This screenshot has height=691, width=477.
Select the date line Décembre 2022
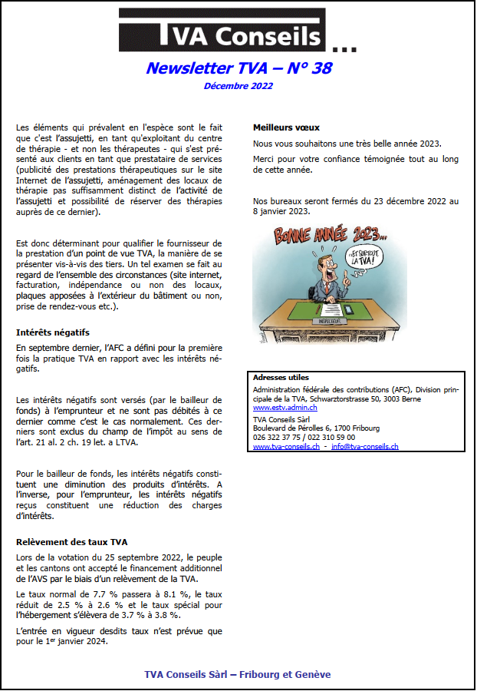[x=238, y=86]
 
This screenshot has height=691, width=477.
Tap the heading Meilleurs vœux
[x=286, y=127]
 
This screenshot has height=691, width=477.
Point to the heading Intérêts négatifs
[x=53, y=332]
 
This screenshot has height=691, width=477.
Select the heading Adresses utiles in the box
[x=281, y=378]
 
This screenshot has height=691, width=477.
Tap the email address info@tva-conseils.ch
[x=364, y=447]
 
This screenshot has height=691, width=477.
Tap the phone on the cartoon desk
[x=350, y=309]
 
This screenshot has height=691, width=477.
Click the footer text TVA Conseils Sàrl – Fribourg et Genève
[x=238, y=674]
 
